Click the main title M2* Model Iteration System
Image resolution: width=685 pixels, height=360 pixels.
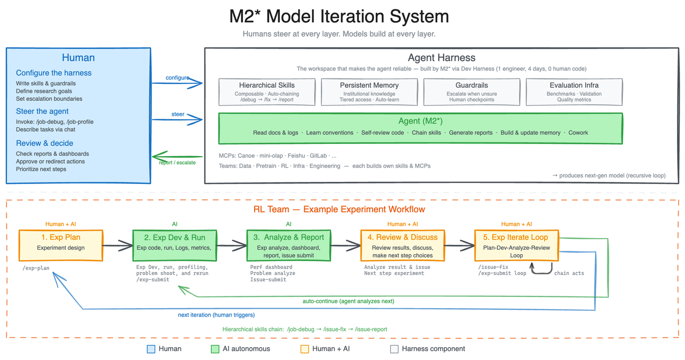point(339,17)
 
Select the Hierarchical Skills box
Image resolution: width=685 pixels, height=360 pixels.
point(267,91)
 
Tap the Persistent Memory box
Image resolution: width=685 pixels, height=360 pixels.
point(369,91)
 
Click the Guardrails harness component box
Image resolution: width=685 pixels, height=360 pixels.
point(471,91)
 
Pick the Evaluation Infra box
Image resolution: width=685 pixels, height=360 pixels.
point(574,91)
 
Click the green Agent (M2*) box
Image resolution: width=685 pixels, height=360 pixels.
point(420,127)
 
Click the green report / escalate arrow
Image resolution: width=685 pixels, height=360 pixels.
point(177,157)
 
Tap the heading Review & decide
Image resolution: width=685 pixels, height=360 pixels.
point(44,143)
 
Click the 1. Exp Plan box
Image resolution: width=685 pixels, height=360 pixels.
point(60,246)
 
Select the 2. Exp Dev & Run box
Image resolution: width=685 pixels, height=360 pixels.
point(174,246)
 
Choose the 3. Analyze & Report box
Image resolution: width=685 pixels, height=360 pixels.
point(288,246)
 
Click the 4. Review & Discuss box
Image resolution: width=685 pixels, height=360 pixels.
point(402,246)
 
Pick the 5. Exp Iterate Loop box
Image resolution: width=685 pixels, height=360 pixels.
point(516,246)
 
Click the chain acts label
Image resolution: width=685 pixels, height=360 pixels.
point(569,273)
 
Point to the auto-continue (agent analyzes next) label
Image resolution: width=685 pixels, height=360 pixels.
point(348,301)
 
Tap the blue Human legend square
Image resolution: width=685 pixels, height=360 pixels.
point(150,349)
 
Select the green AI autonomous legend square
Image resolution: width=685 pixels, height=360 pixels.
point(215,349)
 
